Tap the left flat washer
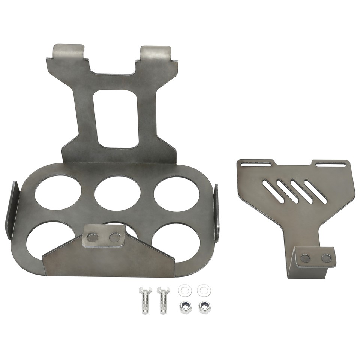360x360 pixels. pos(185,290)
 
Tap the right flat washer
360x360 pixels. pos(204,290)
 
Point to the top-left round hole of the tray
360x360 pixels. pos(58,192)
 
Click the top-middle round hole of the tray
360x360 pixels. pos(117,192)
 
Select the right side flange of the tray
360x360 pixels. pos(216,212)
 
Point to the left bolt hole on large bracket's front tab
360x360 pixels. pos(92,237)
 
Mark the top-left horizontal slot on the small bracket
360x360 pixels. pos(256,164)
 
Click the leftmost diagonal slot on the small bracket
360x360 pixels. pos(273,192)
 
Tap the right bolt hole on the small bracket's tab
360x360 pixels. pos(326,258)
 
